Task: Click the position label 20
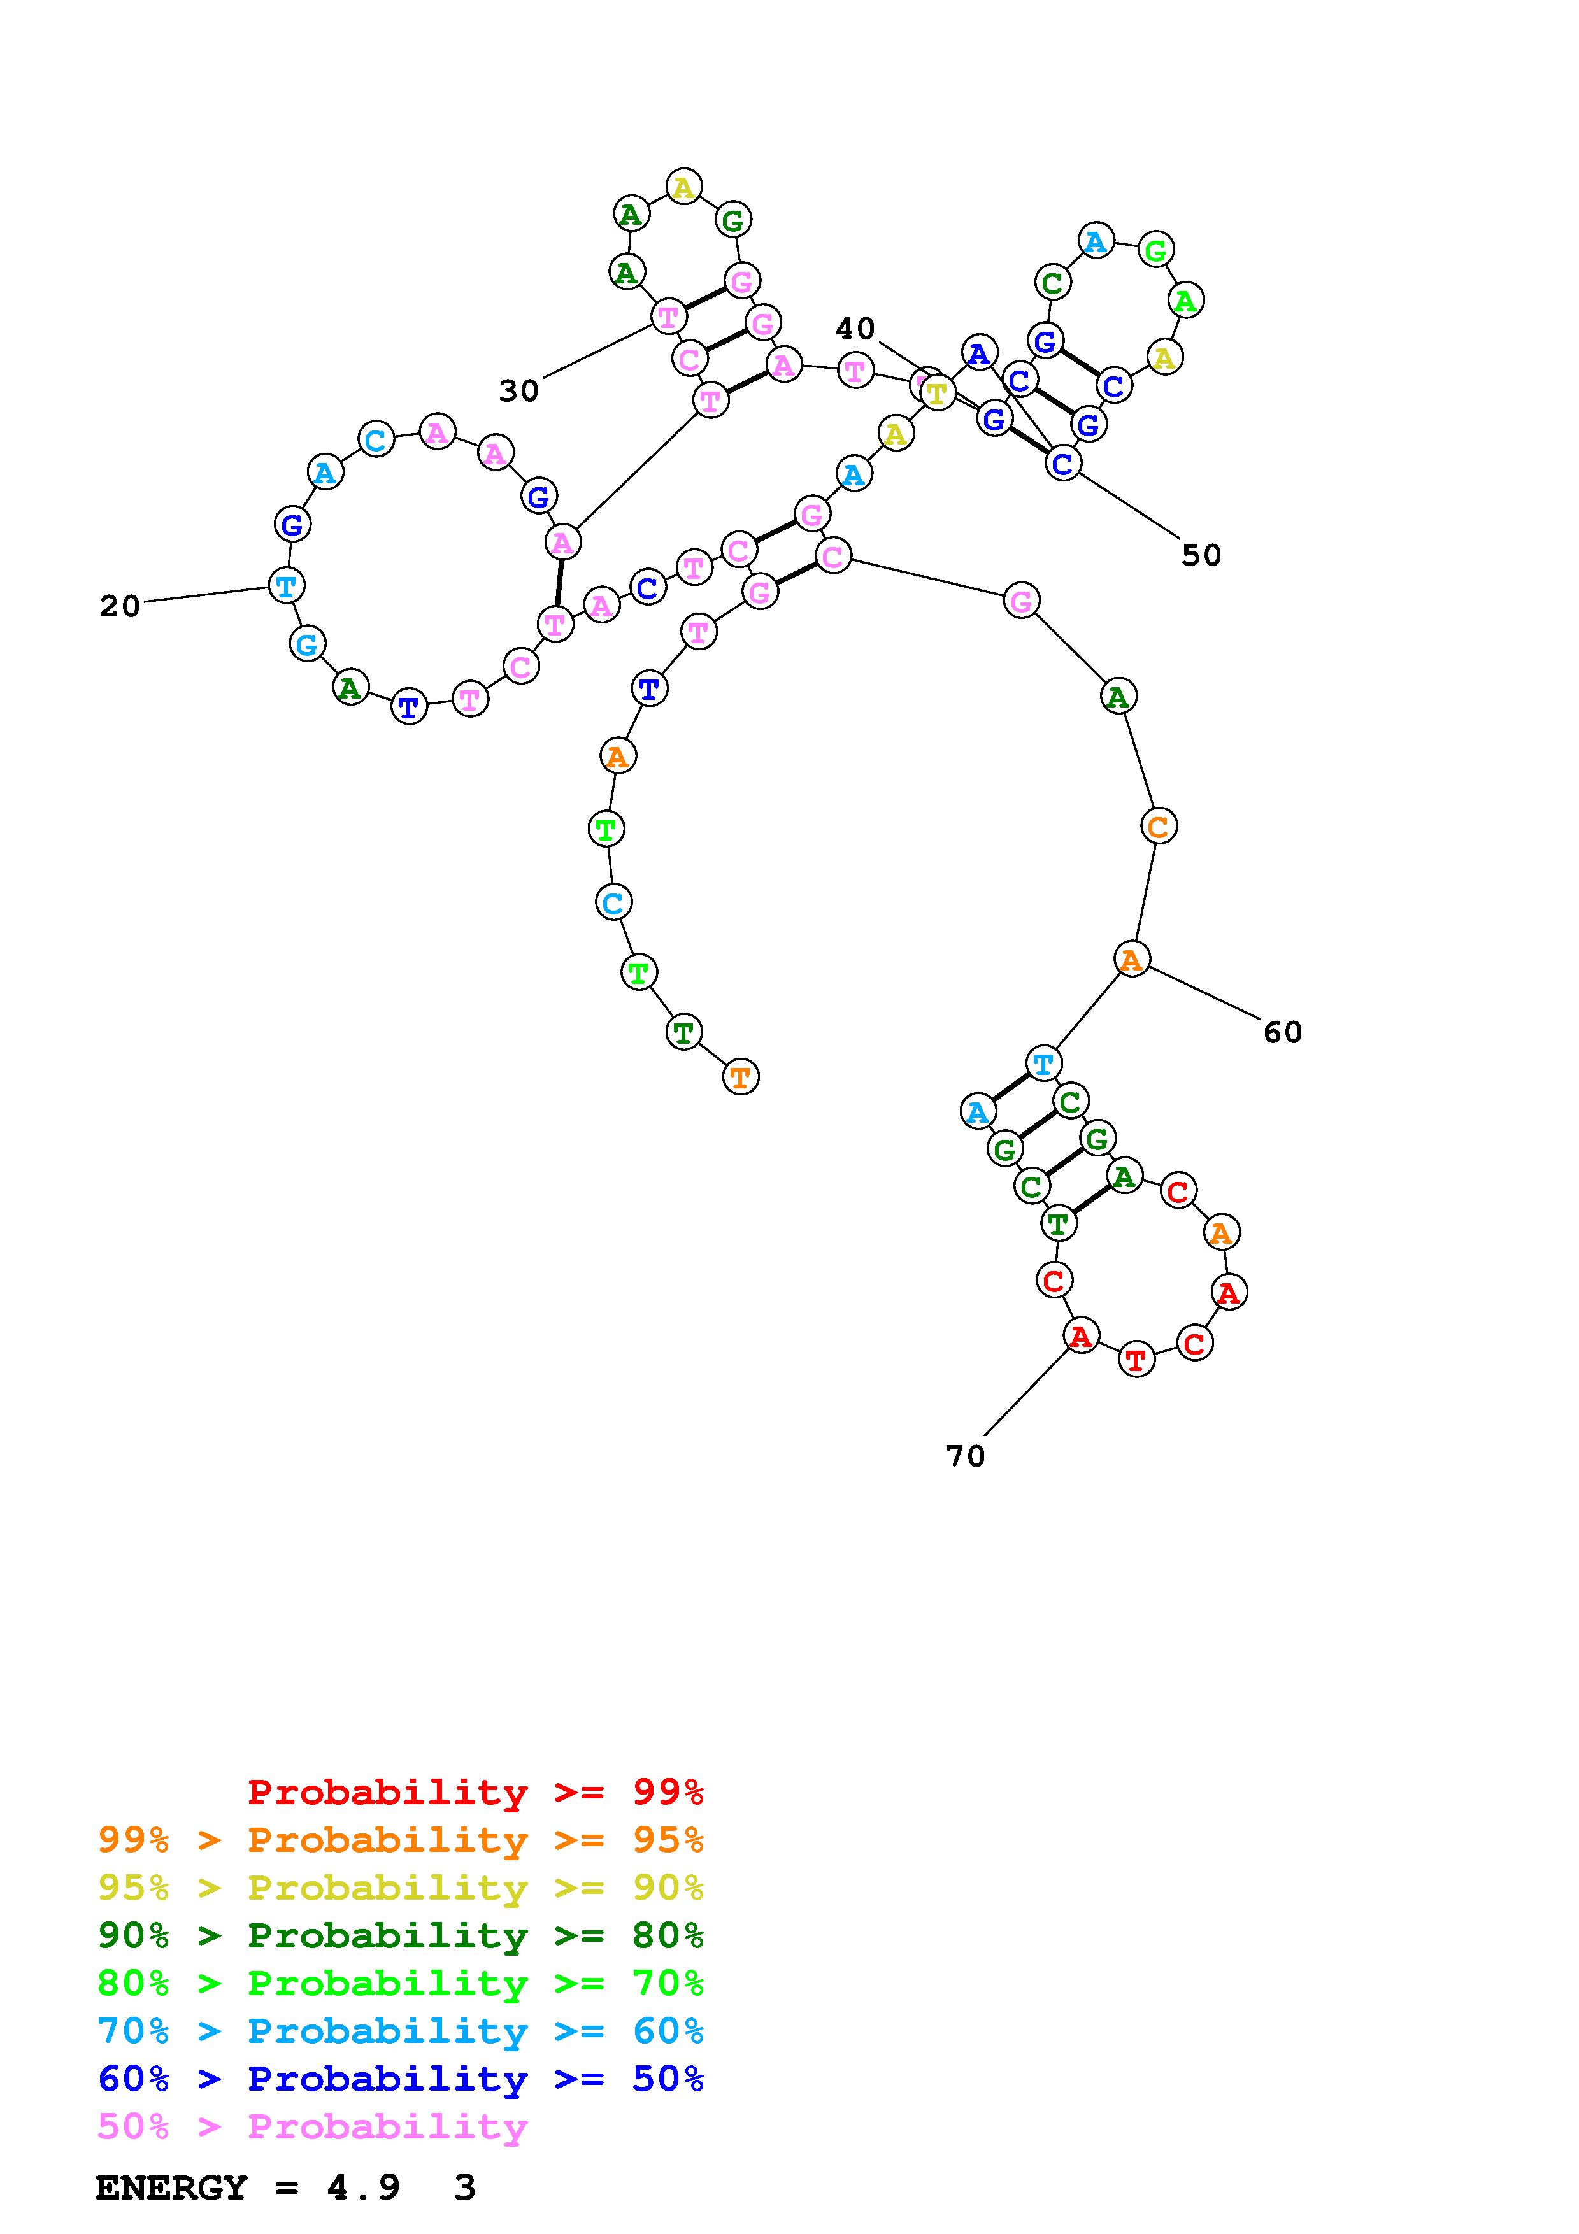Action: pos(120,606)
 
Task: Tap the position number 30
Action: pos(518,391)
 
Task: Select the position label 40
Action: pos(855,329)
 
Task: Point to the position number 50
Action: pos(1201,555)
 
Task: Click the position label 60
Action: pos(1282,1032)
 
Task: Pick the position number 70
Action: pos(965,1456)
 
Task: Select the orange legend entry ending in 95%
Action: pos(401,1840)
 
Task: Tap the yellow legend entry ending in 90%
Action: pos(401,1888)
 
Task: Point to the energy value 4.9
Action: pos(364,2188)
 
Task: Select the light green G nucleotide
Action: pos(1155,251)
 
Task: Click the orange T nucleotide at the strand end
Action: pos(740,1077)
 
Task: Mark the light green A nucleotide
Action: pos(1185,301)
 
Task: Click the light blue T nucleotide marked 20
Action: pos(286,586)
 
